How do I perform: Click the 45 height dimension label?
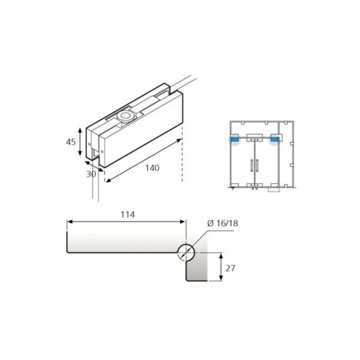pos(70,142)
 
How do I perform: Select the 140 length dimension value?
pos(152,168)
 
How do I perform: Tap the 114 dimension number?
pos(127,214)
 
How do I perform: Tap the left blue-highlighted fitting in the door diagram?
pos(235,140)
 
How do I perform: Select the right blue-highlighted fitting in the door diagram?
pos(275,140)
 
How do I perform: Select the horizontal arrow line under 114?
pos(127,221)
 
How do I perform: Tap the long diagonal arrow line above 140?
pos(143,158)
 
